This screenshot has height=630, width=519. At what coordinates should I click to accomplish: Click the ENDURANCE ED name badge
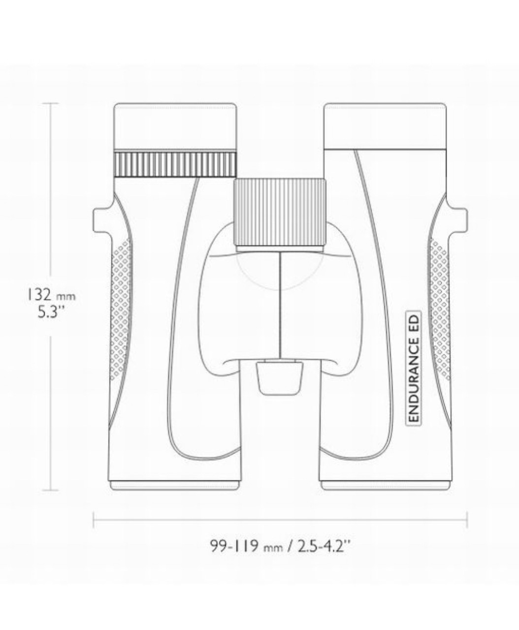coord(413,369)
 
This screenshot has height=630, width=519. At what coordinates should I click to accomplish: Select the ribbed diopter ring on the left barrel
coord(175,164)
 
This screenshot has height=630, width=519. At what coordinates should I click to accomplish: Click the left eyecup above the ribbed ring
coord(175,126)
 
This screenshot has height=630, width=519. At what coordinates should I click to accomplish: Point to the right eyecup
coord(385,126)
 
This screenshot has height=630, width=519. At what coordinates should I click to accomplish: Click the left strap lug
coord(102,220)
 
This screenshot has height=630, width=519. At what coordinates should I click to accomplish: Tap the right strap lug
coord(458,220)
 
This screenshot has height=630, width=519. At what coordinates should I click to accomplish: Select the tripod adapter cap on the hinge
coord(280,378)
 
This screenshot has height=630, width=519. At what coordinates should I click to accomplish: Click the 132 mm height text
coord(51,295)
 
